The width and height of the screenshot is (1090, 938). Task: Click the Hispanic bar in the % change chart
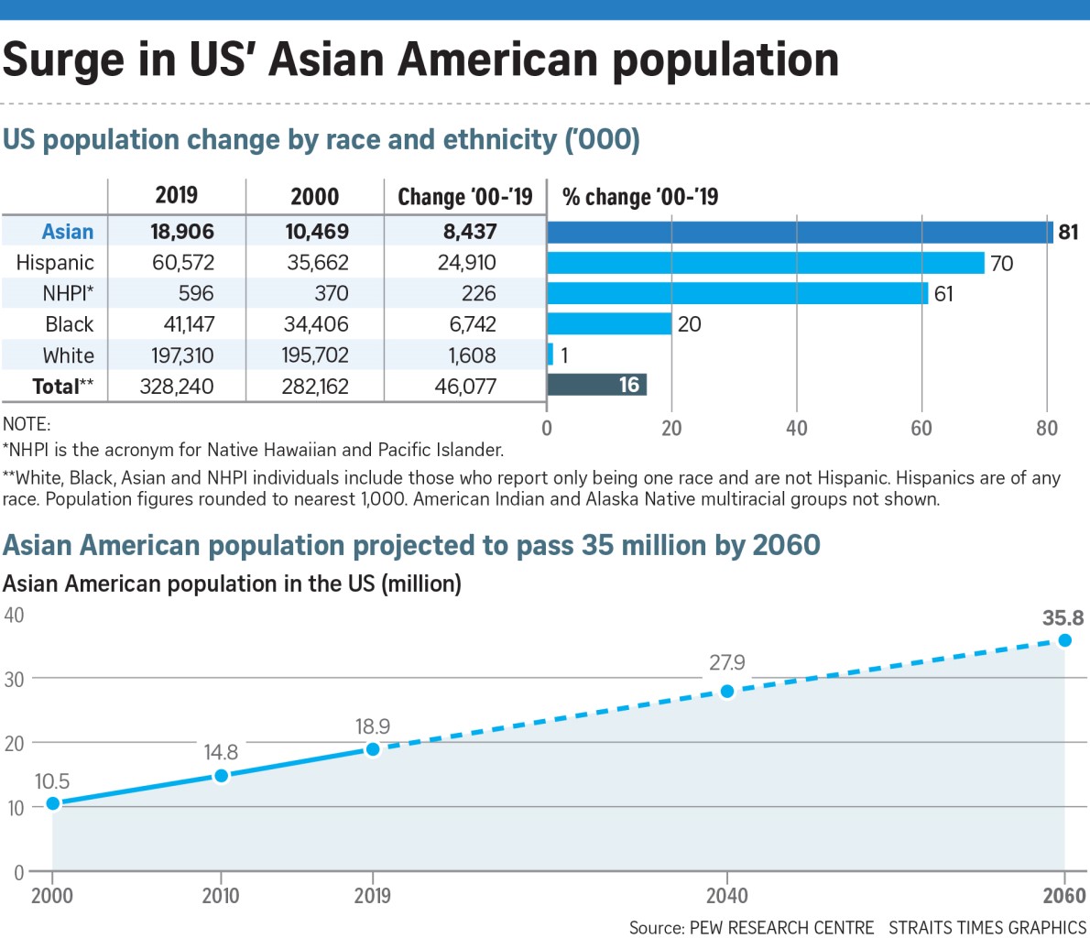tap(765, 263)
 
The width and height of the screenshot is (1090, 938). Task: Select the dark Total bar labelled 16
tap(596, 385)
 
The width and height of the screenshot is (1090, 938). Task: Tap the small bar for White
tap(550, 354)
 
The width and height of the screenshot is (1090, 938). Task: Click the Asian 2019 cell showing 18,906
tap(181, 232)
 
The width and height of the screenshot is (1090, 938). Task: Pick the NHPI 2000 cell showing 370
tap(331, 293)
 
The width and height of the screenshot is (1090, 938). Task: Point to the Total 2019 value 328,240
tap(176, 387)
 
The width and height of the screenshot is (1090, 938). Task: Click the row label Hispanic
tap(55, 263)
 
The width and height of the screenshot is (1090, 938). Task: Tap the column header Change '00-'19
tap(464, 197)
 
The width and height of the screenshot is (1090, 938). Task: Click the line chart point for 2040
tap(727, 691)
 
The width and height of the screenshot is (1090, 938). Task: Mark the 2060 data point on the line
tap(1064, 640)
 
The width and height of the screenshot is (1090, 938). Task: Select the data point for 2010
tap(221, 776)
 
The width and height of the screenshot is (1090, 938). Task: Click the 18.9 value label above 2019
tap(373, 726)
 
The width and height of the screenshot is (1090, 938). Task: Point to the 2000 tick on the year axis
tap(52, 896)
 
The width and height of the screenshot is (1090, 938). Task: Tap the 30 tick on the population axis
tap(14, 679)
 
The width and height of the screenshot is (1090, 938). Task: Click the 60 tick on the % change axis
tap(921, 429)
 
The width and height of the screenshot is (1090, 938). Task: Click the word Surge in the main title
tap(62, 60)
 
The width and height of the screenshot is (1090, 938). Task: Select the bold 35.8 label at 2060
tap(1063, 618)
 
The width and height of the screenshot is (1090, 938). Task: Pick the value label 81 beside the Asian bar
tap(1068, 232)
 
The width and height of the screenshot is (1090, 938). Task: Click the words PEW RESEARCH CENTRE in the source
tap(781, 927)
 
